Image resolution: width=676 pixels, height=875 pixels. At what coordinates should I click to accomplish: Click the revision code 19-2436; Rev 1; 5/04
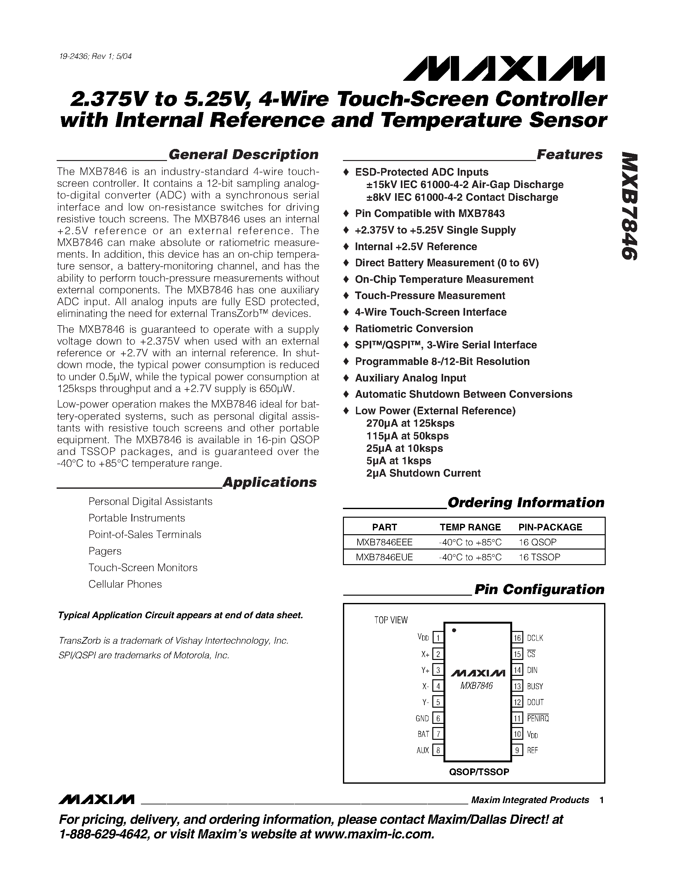pyautogui.click(x=95, y=57)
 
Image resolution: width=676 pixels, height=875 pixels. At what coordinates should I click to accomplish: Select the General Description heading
pyautogui.click(x=243, y=155)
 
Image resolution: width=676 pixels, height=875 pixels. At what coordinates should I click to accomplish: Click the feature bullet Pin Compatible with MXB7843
pyautogui.click(x=429, y=213)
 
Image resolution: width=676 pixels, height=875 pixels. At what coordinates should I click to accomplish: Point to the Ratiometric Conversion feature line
pyautogui.click(x=414, y=329)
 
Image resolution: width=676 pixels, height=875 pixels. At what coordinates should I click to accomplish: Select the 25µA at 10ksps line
pyautogui.click(x=404, y=448)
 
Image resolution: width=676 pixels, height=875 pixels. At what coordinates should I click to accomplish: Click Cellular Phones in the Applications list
pyautogui.click(x=125, y=584)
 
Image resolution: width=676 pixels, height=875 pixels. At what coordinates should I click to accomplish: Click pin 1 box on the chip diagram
pyautogui.click(x=438, y=638)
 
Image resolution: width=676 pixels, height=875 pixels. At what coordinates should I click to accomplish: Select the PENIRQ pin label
pyautogui.click(x=537, y=718)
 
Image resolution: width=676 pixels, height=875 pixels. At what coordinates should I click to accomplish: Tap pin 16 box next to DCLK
pyautogui.click(x=517, y=638)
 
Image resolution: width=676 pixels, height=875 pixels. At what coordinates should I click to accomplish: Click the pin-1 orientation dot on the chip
pyautogui.click(x=454, y=630)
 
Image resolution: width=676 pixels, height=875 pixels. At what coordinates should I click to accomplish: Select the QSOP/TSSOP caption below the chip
pyautogui.click(x=479, y=772)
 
